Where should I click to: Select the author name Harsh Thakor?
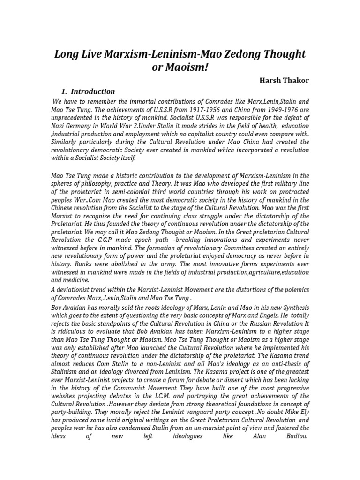click(x=284, y=80)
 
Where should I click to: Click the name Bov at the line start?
click(x=56, y=307)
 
